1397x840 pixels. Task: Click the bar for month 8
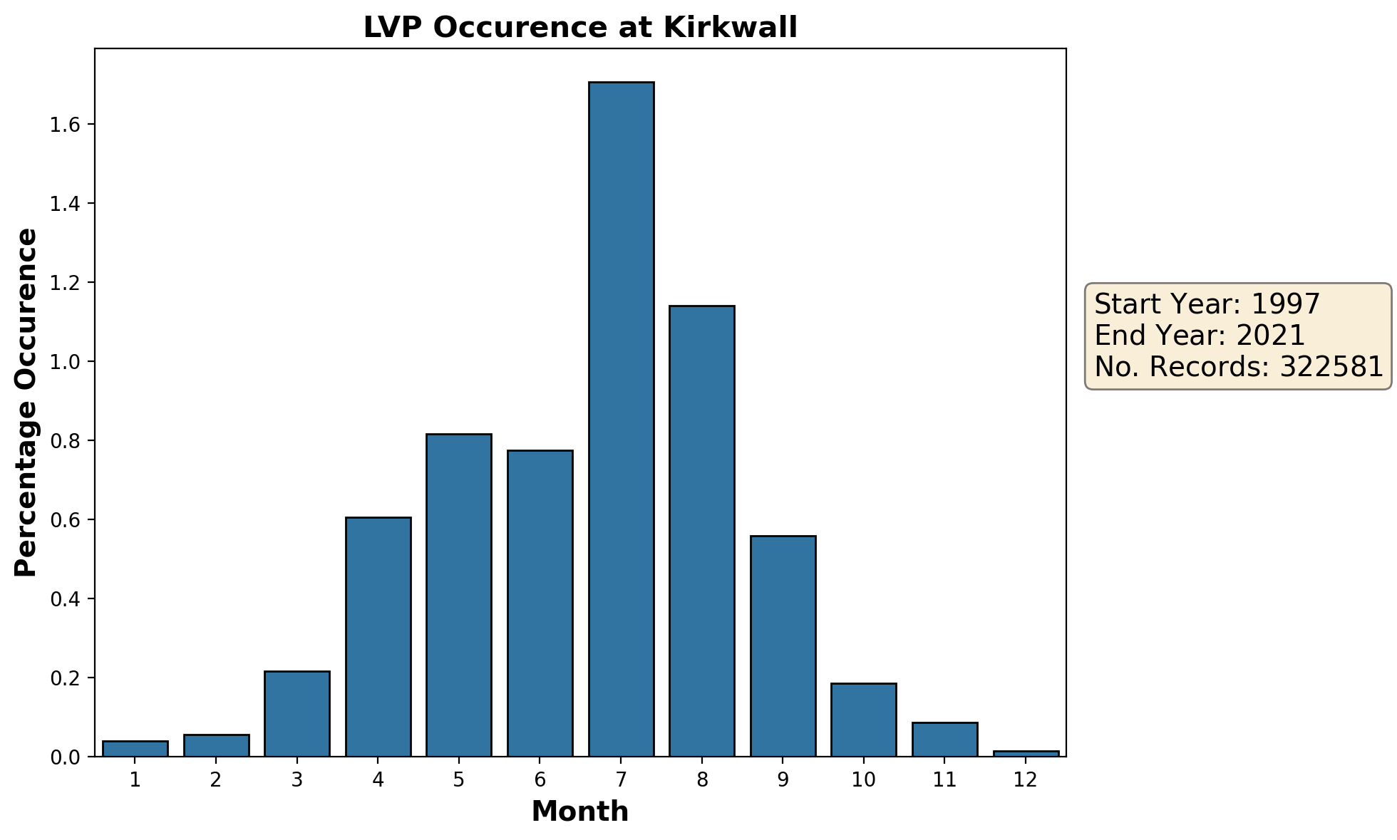(x=702, y=531)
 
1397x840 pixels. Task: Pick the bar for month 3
(x=297, y=713)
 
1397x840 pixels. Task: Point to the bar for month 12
(x=1026, y=753)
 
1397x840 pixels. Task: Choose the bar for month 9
(x=783, y=645)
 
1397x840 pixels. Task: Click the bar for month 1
(x=135, y=748)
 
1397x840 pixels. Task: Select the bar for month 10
(x=864, y=720)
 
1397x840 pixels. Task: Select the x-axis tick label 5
(x=458, y=781)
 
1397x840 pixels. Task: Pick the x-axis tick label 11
(x=944, y=781)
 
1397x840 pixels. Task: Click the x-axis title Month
(x=580, y=812)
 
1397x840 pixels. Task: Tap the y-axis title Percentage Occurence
(x=26, y=403)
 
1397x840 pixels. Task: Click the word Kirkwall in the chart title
(x=730, y=28)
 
